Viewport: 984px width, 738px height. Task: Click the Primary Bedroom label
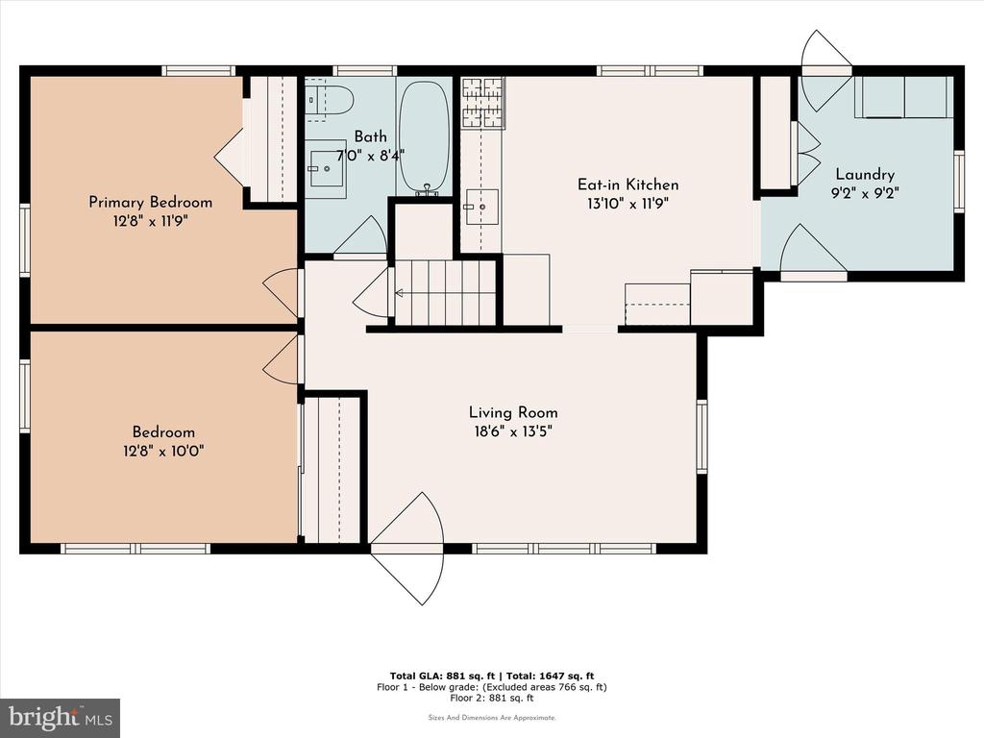click(x=150, y=202)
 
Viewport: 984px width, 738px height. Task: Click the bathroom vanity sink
click(x=327, y=168)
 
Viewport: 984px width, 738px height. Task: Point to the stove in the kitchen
click(x=482, y=102)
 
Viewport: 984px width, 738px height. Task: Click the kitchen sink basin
click(x=481, y=207)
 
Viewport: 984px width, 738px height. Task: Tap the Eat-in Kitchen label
click(x=627, y=184)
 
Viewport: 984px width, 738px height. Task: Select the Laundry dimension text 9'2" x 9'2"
click(x=865, y=193)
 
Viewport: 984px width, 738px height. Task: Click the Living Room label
click(x=513, y=412)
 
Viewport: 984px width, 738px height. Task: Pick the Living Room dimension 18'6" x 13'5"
click(x=513, y=431)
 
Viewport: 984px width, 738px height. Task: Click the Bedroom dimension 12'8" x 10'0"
click(x=163, y=451)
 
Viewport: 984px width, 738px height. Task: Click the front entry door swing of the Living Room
click(x=407, y=548)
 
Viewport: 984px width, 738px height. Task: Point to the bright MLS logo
click(x=61, y=718)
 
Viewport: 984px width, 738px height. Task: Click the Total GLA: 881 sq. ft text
click(x=442, y=676)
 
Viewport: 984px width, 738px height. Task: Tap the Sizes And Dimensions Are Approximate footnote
click(x=492, y=717)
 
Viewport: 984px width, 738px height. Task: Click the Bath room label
click(x=370, y=136)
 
